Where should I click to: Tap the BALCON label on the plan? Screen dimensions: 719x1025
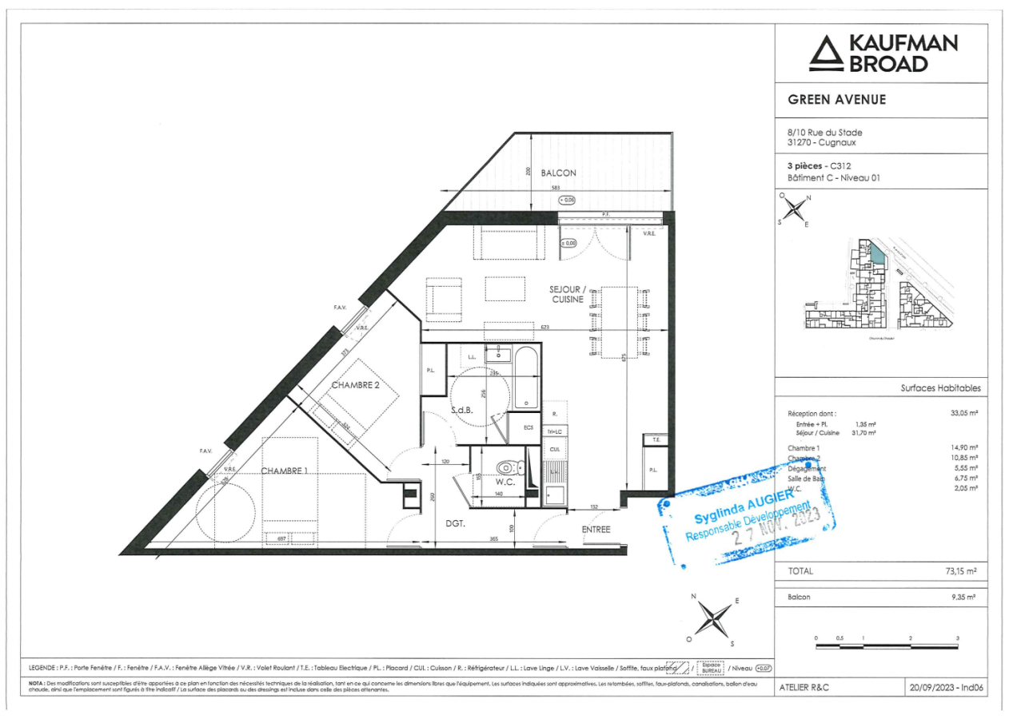tap(558, 173)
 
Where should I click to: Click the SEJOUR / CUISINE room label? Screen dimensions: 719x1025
tap(568, 293)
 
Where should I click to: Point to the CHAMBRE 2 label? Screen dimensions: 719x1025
tap(355, 384)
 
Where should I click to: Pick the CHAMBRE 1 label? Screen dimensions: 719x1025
tap(284, 471)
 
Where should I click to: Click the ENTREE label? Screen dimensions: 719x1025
tap(596, 529)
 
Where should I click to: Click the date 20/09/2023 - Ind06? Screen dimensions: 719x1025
tap(945, 686)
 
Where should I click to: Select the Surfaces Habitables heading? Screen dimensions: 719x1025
tap(940, 388)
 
